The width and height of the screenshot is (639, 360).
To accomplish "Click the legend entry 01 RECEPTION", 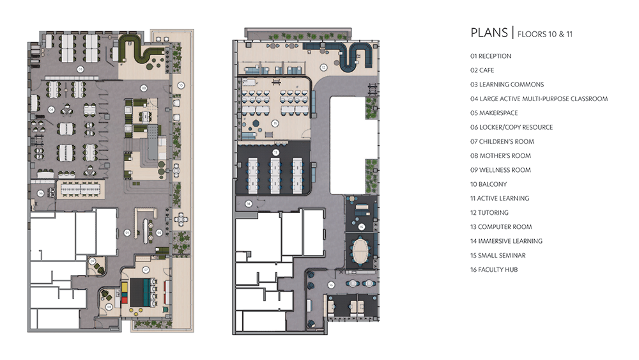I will [491, 56].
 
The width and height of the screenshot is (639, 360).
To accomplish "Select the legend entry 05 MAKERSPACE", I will [494, 113].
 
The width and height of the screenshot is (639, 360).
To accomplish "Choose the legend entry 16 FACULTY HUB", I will [494, 269].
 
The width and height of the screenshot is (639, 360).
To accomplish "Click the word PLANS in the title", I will [489, 33].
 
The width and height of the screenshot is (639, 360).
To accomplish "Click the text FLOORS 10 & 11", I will [544, 33].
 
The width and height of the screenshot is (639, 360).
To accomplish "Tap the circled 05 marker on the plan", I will [81, 68].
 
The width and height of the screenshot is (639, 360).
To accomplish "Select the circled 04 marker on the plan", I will [51, 109].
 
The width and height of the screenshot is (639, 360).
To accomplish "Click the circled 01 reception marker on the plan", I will [127, 232].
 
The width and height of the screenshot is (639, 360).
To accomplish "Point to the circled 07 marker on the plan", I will [146, 269].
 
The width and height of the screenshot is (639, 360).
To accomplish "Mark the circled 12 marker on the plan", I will [323, 67].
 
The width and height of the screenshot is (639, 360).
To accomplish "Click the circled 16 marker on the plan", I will [331, 285].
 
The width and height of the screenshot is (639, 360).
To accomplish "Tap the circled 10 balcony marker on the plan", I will [181, 84].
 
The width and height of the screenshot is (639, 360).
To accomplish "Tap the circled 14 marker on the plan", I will [249, 204].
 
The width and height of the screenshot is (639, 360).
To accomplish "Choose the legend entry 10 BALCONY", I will [488, 184].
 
